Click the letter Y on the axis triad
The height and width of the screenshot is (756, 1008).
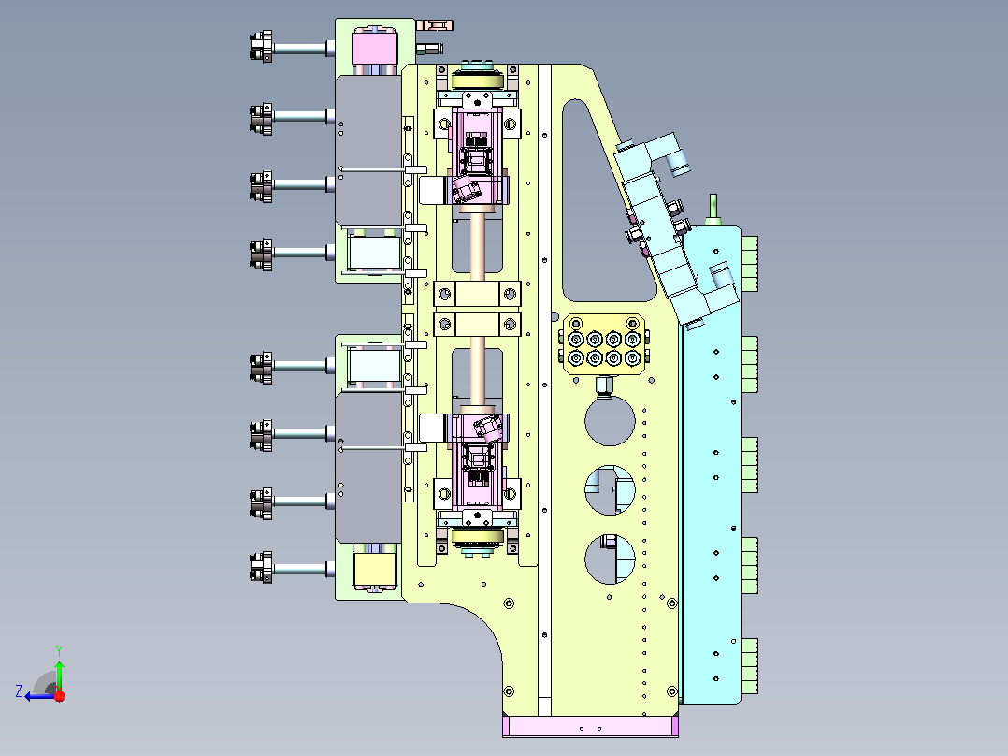coord(59,650)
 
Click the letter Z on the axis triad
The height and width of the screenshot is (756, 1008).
coord(20,691)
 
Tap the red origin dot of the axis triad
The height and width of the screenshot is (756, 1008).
coord(60,695)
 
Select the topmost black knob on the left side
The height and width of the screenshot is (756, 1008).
coord(261,47)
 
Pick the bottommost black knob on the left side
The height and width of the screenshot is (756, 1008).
coord(261,568)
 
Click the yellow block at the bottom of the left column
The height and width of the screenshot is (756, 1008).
coord(375,570)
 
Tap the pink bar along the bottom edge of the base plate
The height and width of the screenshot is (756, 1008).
coord(590,726)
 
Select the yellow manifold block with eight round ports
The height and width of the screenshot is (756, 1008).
coord(604,345)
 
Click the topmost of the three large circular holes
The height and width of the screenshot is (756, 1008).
coord(610,421)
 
